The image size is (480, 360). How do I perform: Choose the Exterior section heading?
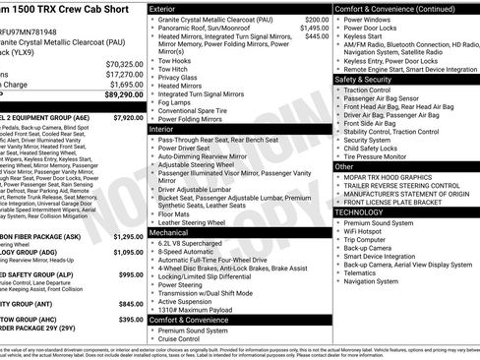pos(163,9)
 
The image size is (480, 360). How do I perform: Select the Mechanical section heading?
pos(168,231)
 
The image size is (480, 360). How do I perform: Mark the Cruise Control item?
pos(182,339)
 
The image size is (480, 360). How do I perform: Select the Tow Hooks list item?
pos(174,60)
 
